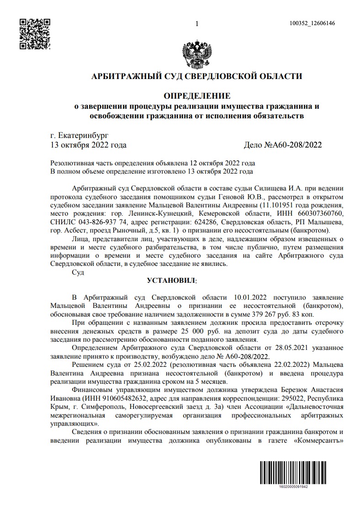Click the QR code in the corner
coord(34,33)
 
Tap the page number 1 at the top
coord(196,24)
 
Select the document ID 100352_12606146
coord(312,24)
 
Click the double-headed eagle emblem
coord(197,55)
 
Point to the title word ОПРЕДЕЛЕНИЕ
coord(197,96)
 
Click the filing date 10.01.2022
coord(250,298)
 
